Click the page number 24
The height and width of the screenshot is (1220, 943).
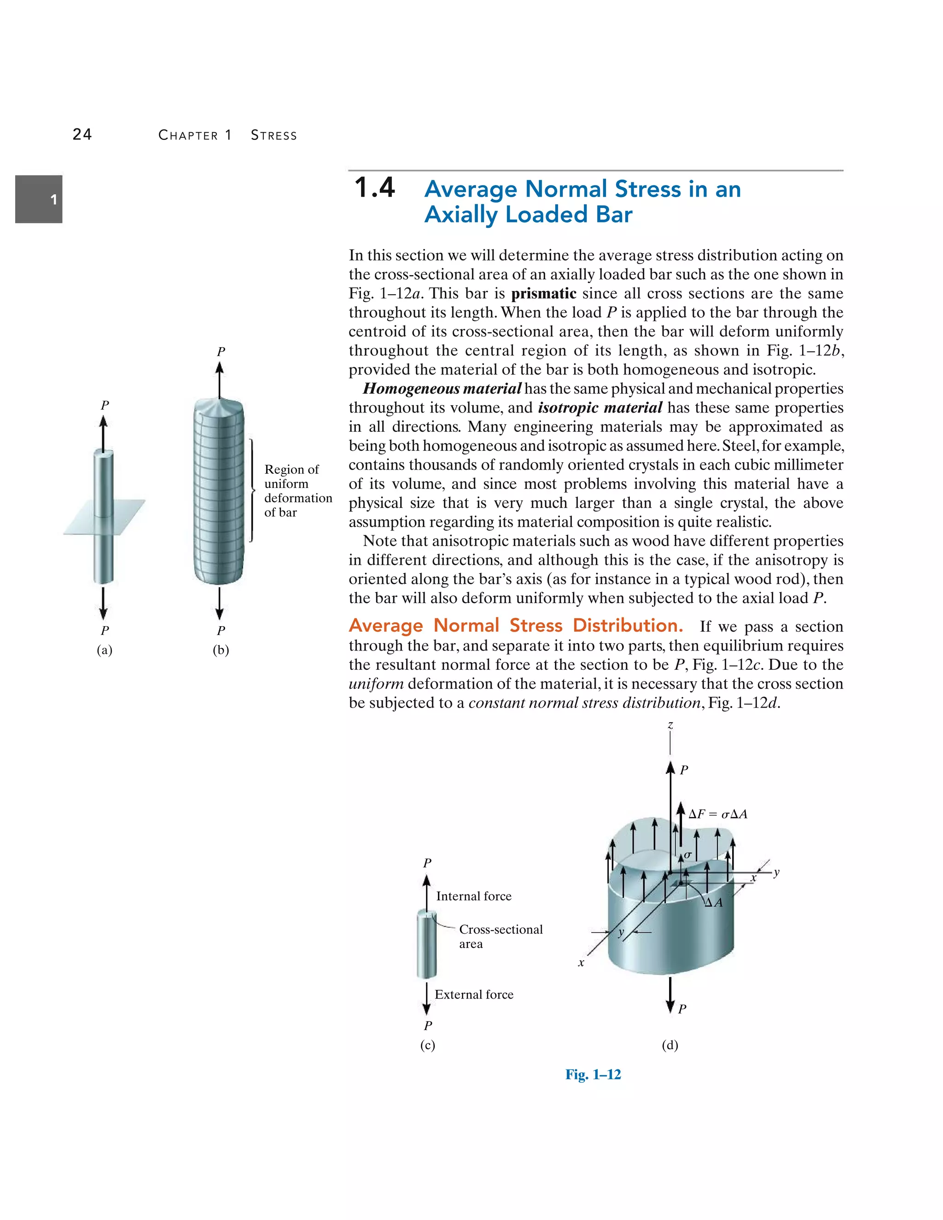point(82,134)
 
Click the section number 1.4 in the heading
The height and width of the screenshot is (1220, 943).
point(375,188)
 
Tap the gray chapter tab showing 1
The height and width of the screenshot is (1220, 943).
point(39,199)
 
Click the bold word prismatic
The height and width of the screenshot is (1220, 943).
point(544,294)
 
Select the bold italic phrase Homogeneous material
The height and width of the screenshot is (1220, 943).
point(442,389)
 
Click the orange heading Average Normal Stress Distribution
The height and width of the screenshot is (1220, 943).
point(516,626)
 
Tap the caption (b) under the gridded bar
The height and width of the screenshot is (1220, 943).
point(221,650)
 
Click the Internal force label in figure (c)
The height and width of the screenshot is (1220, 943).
point(474,896)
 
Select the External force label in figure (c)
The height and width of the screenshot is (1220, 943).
point(474,994)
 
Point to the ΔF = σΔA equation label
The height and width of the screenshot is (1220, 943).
point(718,814)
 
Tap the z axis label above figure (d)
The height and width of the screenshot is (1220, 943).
point(670,725)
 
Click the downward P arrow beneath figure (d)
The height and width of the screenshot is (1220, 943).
point(670,996)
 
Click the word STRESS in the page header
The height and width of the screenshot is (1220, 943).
point(274,135)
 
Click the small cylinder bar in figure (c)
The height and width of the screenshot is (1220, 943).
point(426,944)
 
